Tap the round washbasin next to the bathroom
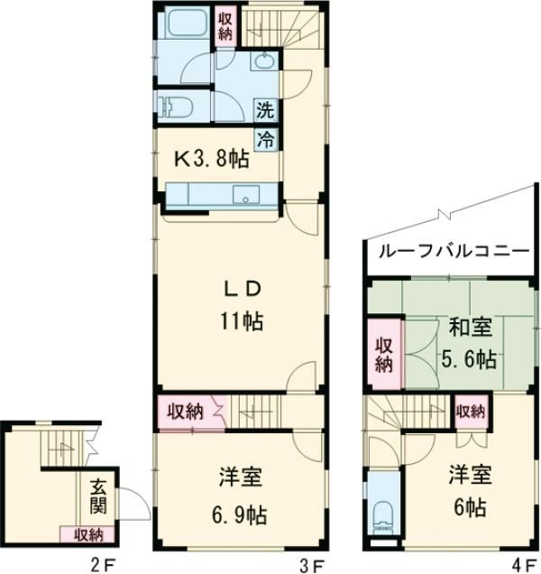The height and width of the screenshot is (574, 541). tap(264, 61)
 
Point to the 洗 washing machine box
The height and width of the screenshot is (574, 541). tap(264, 113)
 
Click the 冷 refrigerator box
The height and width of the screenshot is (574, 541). tap(265, 138)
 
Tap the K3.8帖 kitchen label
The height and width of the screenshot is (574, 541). tap(211, 160)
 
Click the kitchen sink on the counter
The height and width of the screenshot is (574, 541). tap(243, 195)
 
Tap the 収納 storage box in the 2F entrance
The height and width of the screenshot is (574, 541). tap(82, 534)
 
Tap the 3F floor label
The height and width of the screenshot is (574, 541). tap(312, 566)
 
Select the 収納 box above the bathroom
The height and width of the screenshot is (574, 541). tap(225, 24)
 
